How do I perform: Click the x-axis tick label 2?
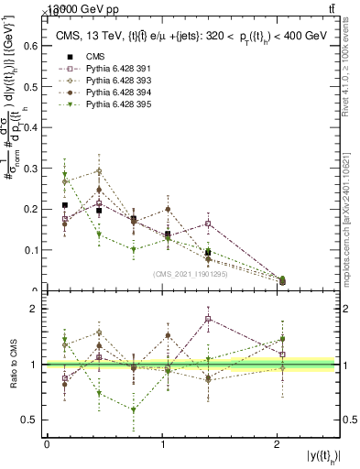279,444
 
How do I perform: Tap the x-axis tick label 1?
163,444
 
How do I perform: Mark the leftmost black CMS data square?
64,205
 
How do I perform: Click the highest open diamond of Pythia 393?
99,171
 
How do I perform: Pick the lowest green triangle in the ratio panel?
134,409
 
